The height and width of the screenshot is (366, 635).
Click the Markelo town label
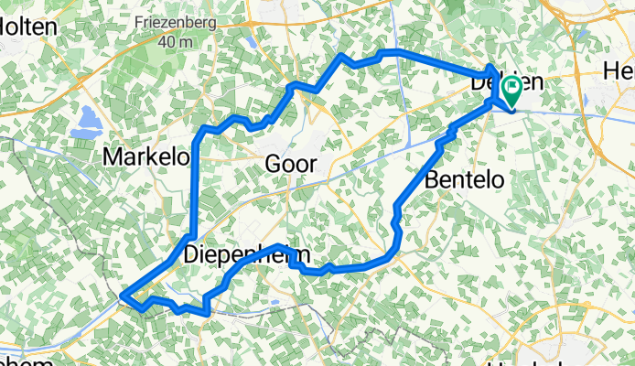click(145, 157)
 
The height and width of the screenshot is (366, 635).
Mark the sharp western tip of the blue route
click(123, 296)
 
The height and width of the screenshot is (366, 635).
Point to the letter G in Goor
click(271, 165)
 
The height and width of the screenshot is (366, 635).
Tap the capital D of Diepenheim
click(191, 255)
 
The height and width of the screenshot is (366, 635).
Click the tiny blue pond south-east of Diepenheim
click(274, 298)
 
